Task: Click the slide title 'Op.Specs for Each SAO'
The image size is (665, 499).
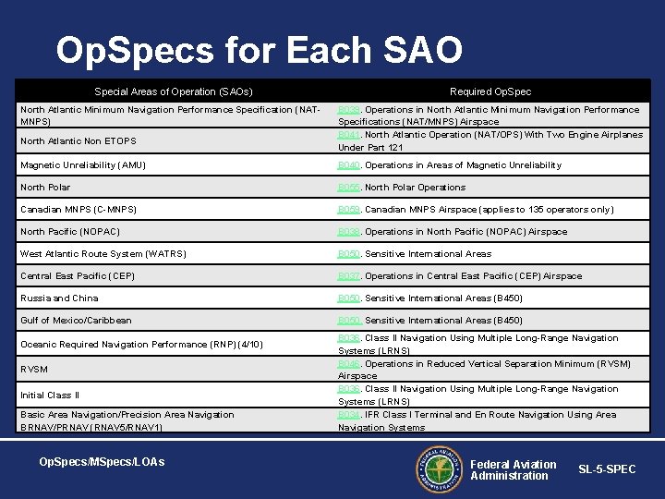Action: click(x=259, y=51)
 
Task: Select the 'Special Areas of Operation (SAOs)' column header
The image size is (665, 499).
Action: click(x=174, y=91)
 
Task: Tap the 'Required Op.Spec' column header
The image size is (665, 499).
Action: click(x=490, y=91)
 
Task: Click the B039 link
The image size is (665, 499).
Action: click(x=348, y=110)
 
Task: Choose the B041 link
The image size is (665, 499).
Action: click(x=348, y=135)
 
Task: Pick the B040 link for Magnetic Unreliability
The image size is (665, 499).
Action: click(x=348, y=165)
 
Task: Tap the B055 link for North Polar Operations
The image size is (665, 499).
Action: click(x=348, y=188)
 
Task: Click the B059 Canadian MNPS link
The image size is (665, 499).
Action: click(x=348, y=210)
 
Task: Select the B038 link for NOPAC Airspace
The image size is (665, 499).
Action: click(x=348, y=232)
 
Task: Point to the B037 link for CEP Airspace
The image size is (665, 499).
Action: click(x=348, y=276)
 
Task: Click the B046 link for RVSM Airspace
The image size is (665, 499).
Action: click(x=348, y=364)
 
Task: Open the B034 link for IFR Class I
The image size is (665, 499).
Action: click(x=348, y=415)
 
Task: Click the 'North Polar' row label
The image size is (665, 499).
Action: click(x=45, y=188)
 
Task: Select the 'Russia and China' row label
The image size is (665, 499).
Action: click(x=59, y=298)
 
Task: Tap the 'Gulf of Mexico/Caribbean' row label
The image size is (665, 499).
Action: click(x=76, y=321)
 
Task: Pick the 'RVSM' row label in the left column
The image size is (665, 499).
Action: click(x=33, y=370)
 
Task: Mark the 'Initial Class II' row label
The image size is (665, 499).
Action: click(x=50, y=396)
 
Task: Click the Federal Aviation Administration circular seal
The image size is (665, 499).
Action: click(x=438, y=469)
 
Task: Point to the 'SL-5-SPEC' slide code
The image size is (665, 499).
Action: click(x=607, y=469)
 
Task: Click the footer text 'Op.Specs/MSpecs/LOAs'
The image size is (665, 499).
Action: click(x=102, y=461)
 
